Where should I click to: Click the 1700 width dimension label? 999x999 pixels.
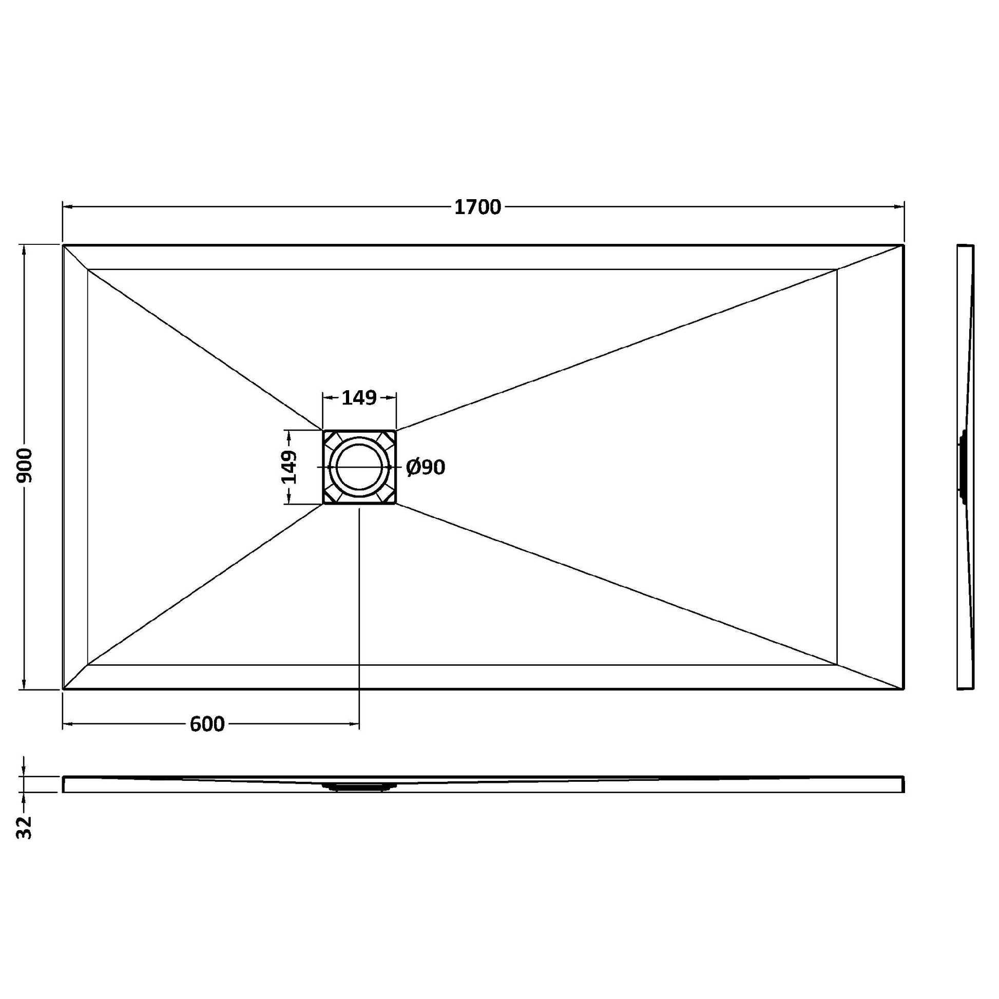477,207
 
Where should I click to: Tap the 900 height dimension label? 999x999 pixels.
24,466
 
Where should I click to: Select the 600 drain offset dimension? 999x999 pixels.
207,724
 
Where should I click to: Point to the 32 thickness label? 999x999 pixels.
24,828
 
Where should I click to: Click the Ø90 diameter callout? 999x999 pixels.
426,468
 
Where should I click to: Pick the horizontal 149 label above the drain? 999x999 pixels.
359,398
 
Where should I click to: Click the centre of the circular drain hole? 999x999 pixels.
359,467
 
